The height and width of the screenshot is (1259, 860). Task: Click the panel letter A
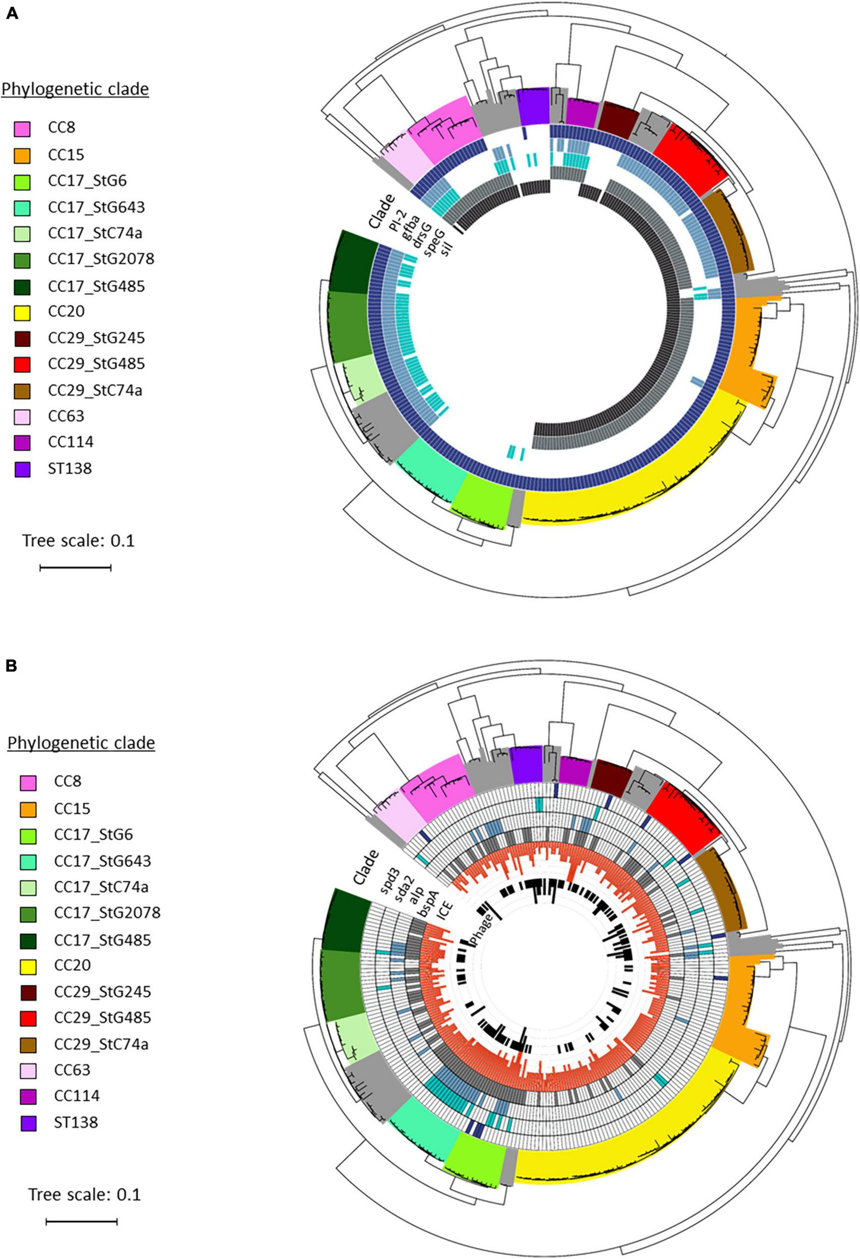pos(12,13)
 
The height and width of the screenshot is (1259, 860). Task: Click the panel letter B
pos(12,666)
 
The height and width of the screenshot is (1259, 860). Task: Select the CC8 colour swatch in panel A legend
pos(23,129)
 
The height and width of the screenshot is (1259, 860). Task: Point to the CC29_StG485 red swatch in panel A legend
pos(23,364)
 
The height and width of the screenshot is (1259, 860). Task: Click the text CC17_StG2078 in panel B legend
pos(107,913)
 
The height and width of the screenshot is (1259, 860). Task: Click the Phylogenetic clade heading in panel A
pos(75,89)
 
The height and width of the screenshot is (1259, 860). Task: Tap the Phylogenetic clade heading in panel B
pos(81,743)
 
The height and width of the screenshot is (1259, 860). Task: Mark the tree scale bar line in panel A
pos(75,568)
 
